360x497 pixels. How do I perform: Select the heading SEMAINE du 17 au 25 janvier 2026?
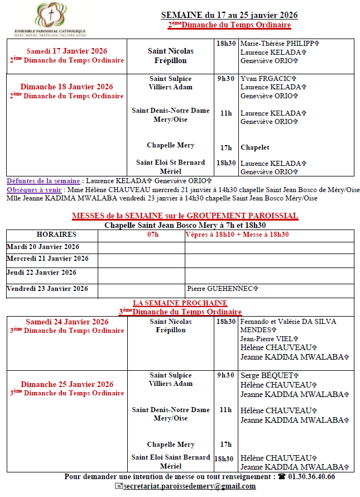tap(229, 15)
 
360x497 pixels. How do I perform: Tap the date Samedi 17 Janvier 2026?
tap(67, 51)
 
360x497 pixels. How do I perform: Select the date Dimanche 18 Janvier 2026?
tap(66, 87)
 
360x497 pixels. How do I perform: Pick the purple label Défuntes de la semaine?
tap(44, 181)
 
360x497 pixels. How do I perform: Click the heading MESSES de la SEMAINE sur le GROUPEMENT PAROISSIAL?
tap(185, 216)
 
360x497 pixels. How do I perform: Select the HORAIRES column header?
tap(56, 235)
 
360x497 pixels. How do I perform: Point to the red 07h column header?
tap(152, 235)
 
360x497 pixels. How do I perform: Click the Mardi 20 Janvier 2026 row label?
tap(43, 247)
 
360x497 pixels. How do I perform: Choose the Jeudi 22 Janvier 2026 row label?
tap(42, 273)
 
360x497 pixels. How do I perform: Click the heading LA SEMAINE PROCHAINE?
tap(180, 303)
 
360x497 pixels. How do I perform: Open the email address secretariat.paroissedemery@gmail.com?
tap(189, 486)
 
